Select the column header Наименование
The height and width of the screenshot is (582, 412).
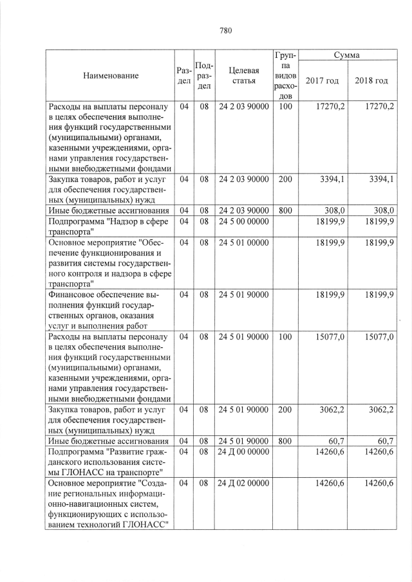[x=111, y=76]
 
